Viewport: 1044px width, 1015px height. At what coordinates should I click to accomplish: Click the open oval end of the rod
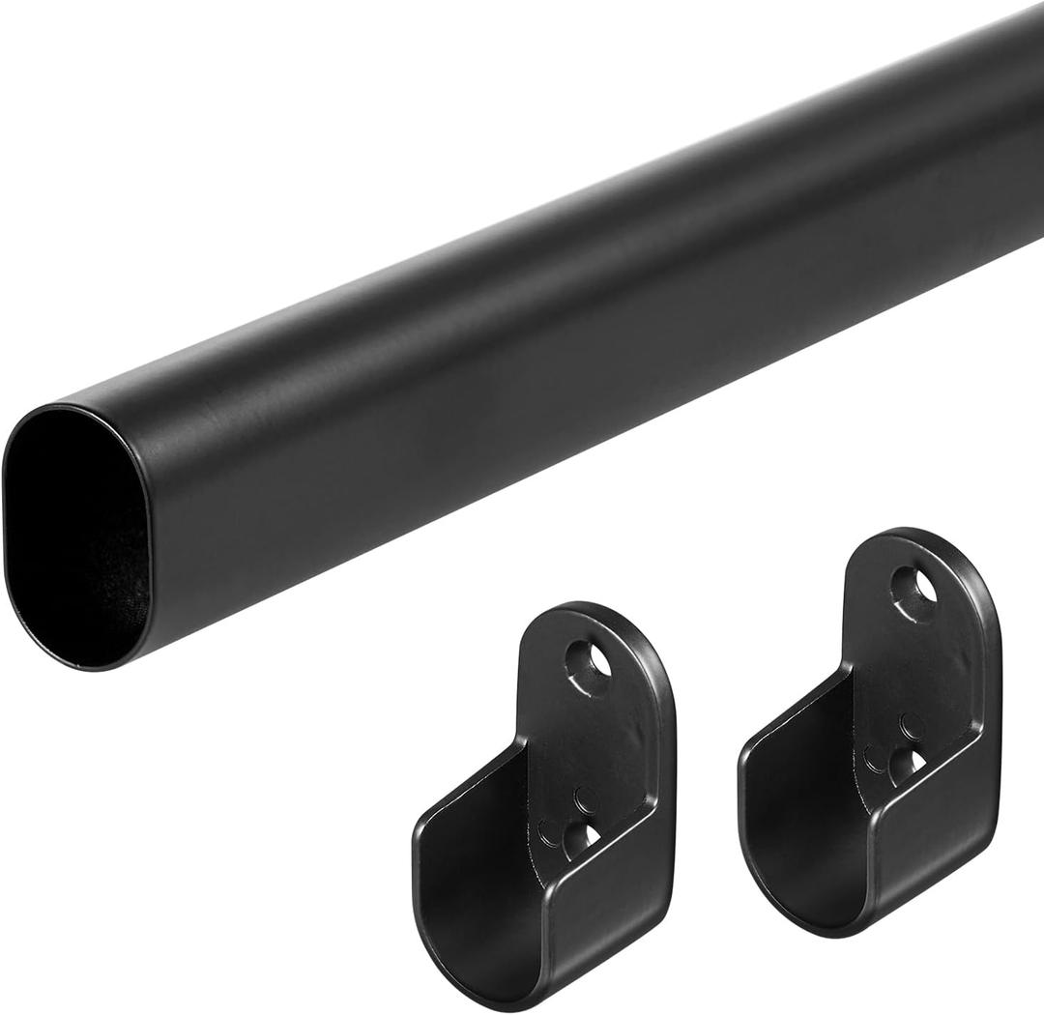[77, 536]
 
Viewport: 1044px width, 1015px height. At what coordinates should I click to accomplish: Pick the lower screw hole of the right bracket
[906, 764]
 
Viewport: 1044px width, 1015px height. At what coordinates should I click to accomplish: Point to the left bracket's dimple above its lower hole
[585, 798]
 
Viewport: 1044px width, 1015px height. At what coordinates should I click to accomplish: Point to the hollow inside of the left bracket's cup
[483, 851]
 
